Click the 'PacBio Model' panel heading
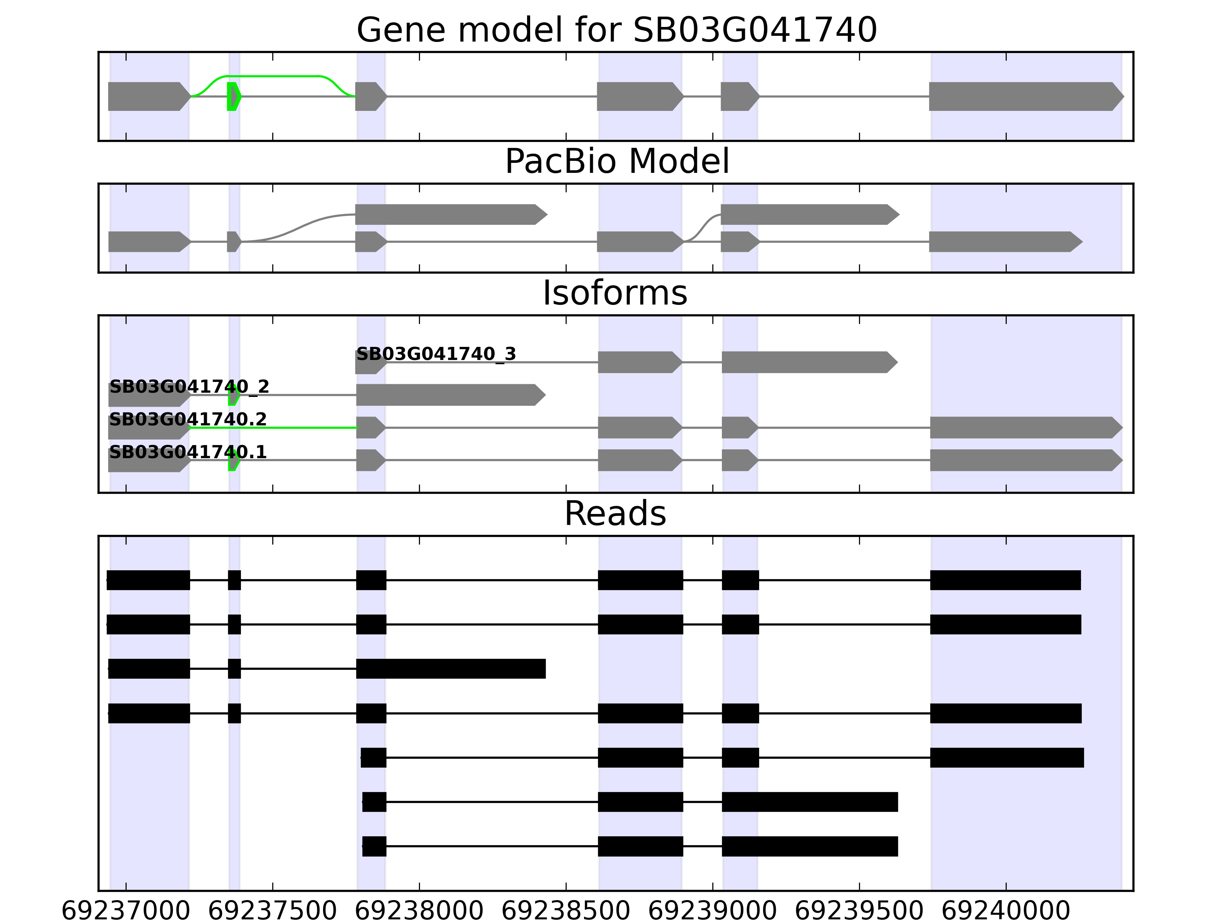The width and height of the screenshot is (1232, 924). (616, 162)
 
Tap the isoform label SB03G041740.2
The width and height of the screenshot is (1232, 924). (188, 419)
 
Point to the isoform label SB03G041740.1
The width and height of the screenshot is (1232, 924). (188, 452)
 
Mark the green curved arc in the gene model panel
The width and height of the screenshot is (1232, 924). (273, 76)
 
